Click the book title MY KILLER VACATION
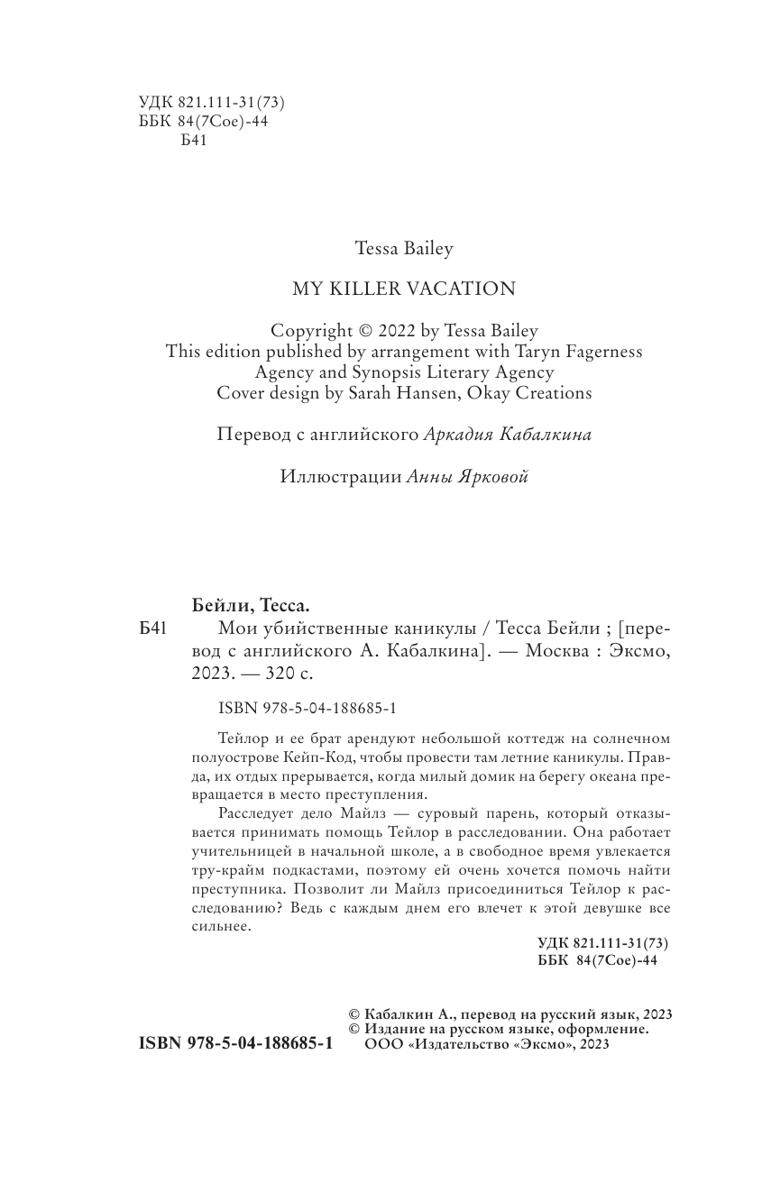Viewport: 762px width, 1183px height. pos(404,289)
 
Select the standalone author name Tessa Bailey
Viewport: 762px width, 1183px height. pos(404,247)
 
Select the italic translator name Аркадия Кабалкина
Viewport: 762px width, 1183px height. pos(508,435)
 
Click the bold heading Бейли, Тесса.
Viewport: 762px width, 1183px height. pos(244,604)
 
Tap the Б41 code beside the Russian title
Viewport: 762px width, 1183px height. pos(152,628)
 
